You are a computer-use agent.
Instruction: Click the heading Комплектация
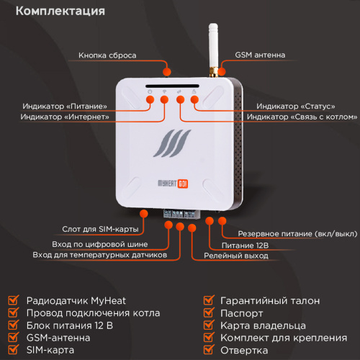[60, 12]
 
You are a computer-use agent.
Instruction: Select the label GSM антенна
[260, 55]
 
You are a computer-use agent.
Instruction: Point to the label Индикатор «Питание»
[70, 106]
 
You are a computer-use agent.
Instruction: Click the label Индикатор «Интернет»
[65, 117]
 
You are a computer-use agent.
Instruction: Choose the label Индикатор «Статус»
[276, 106]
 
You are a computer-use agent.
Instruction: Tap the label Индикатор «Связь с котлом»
[302, 117]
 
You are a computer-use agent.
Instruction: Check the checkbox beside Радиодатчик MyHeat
[12, 300]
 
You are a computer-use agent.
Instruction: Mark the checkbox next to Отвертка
[208, 350]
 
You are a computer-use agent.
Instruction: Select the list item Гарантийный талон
[270, 300]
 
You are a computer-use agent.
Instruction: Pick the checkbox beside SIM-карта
[12, 350]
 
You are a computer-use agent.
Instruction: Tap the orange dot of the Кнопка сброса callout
[167, 70]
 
